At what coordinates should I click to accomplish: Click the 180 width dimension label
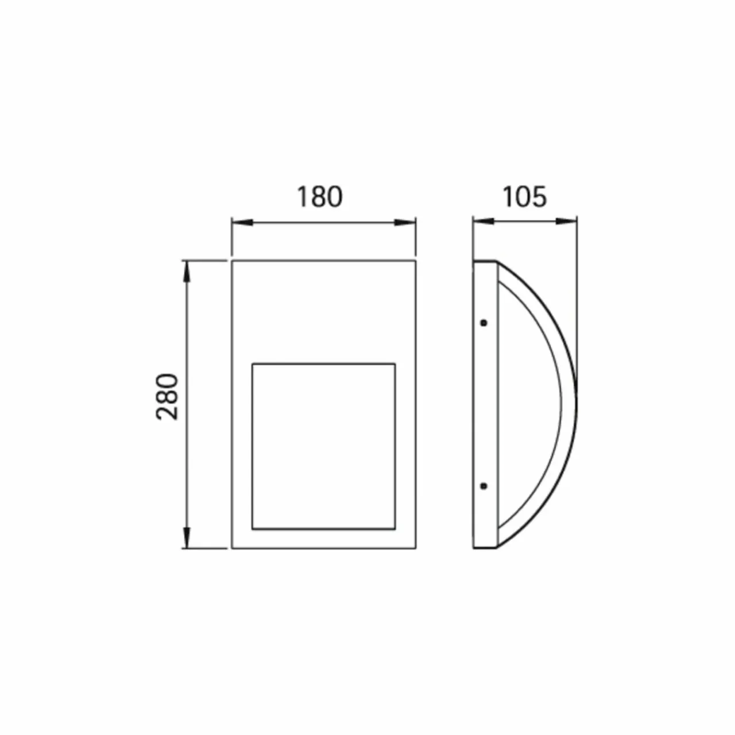coord(320,197)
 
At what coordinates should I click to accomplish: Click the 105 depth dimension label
coord(524,197)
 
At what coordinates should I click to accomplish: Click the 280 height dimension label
coord(168,397)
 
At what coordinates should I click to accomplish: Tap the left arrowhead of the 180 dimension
coord(242,222)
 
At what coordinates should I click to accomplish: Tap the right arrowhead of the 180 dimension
coord(405,222)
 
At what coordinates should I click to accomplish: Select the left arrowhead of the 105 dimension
coord(483,221)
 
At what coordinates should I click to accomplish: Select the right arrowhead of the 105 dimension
coord(566,221)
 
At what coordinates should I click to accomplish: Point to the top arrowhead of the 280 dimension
coord(187,272)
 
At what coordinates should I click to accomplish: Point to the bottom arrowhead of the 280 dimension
coord(187,538)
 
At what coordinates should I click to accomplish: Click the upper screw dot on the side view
coord(484,323)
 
